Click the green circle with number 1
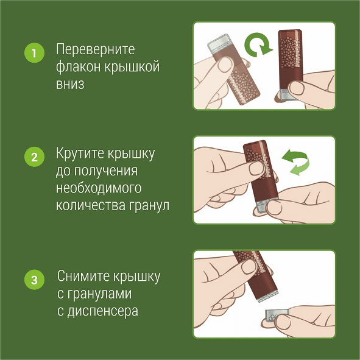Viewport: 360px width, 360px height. pos(34,52)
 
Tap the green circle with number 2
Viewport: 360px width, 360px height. pos(34,157)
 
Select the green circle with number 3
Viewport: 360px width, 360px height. pos(34,280)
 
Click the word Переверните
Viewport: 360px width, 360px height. pos(95,49)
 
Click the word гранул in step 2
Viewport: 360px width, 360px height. pos(147,205)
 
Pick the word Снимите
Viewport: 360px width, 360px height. pos(82,277)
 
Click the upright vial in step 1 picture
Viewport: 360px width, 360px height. pos(291,63)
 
